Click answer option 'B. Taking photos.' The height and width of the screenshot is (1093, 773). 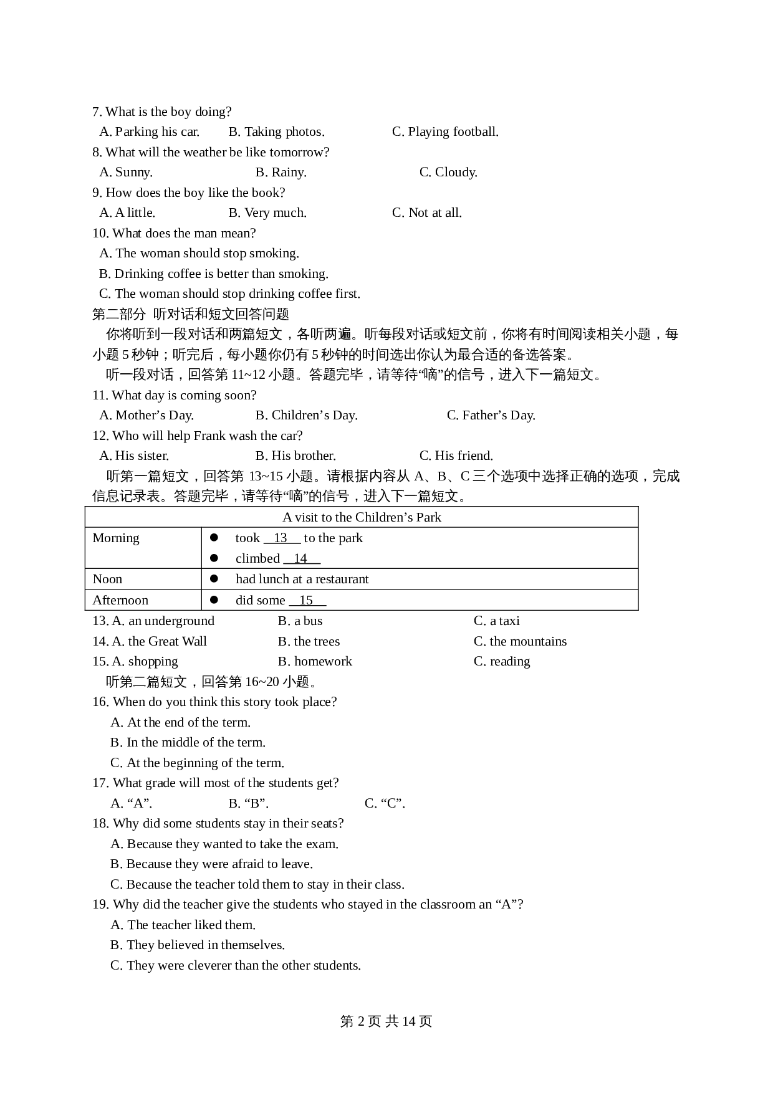pyautogui.click(x=276, y=131)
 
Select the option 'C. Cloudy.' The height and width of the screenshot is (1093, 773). pyautogui.click(x=448, y=172)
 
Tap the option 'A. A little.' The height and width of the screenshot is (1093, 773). pyautogui.click(x=127, y=212)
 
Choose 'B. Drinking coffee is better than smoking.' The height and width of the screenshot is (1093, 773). pyautogui.click(x=213, y=274)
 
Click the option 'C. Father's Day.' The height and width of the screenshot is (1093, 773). pyautogui.click(x=491, y=415)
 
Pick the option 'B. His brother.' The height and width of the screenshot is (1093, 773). pyautogui.click(x=295, y=456)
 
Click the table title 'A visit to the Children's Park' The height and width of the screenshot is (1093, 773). pyautogui.click(x=362, y=517)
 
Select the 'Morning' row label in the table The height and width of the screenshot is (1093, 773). pyautogui.click(x=116, y=538)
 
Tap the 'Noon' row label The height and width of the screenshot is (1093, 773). pyautogui.click(x=107, y=579)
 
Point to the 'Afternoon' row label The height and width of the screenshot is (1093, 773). pyautogui.click(x=120, y=600)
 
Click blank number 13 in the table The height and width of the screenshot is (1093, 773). pyautogui.click(x=281, y=538)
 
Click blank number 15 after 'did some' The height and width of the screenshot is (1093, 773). pyautogui.click(x=307, y=600)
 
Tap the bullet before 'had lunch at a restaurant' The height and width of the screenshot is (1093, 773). pyautogui.click(x=214, y=579)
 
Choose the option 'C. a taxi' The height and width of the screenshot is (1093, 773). pyautogui.click(x=496, y=621)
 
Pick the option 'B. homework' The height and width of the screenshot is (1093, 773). pyautogui.click(x=315, y=661)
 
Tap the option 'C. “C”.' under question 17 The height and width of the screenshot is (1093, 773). pyautogui.click(x=385, y=803)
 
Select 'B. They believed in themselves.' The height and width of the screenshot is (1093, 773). pyautogui.click(x=198, y=945)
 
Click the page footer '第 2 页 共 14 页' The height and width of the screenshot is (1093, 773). pyautogui.click(x=386, y=1021)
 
